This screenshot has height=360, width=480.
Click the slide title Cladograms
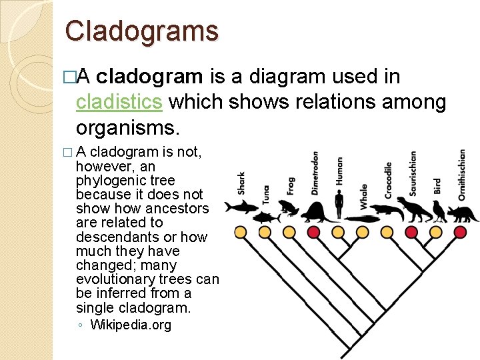point(141,31)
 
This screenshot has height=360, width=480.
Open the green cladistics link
point(119,102)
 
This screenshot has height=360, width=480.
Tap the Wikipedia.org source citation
point(131,325)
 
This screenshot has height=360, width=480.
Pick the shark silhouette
point(241,206)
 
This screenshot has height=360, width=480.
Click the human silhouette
point(339,203)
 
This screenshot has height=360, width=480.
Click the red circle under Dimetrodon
point(313,232)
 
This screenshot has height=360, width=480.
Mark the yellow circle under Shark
point(241,232)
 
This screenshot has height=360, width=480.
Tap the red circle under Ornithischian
point(461,232)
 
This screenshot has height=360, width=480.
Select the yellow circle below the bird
point(436,232)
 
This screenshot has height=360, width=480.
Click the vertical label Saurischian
point(413,173)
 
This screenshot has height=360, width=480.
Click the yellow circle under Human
point(339,232)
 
